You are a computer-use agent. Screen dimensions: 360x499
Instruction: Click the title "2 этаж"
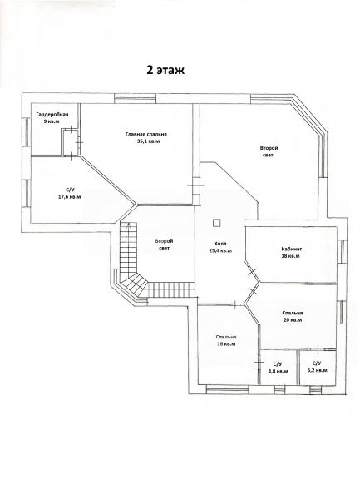coord(165,70)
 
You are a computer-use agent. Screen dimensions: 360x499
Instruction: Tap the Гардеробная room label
coord(52,114)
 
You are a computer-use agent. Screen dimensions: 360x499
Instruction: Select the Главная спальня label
coord(146,134)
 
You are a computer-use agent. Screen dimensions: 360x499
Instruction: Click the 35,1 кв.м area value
coord(148,141)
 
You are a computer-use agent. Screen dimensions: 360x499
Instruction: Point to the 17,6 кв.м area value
coord(69,197)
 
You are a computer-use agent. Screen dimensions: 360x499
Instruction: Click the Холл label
coord(220,244)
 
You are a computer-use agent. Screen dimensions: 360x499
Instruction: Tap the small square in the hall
coord(216,223)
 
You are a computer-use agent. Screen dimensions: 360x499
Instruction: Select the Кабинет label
coord(291,249)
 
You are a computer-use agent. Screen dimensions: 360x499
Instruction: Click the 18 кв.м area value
coord(291,256)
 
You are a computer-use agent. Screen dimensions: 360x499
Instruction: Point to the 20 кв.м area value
coord(293,320)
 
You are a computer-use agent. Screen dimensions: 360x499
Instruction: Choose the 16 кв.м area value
coord(226,344)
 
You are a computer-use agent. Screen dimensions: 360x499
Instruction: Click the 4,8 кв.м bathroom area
coord(278,371)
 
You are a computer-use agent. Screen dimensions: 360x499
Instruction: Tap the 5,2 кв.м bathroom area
coord(317,370)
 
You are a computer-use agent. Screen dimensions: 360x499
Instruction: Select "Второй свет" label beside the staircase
coord(164,245)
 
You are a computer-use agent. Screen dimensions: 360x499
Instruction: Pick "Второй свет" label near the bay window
coord(269,151)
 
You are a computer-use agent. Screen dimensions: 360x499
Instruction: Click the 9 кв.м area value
coord(52,121)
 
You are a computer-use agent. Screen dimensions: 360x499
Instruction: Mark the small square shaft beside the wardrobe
coord(71,142)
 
